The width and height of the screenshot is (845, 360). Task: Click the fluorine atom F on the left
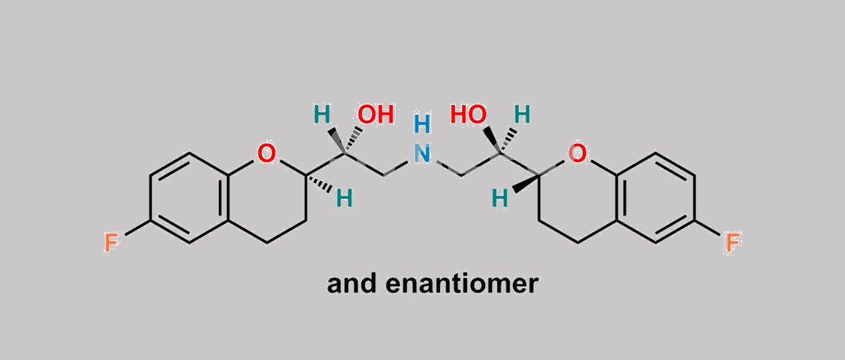(111, 242)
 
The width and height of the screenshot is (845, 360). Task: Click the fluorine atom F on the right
(732, 242)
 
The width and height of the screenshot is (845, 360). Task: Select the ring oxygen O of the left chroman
(266, 153)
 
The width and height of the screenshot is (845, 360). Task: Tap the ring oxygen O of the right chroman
(577, 153)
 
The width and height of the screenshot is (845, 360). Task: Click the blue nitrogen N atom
(422, 153)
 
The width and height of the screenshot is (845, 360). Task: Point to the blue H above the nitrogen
(422, 124)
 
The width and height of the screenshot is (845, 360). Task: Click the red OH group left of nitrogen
(376, 114)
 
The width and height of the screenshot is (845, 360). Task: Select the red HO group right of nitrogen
(468, 114)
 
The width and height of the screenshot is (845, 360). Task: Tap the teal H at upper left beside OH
(323, 114)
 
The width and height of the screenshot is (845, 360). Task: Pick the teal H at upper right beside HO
(522, 114)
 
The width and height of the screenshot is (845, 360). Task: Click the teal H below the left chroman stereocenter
(344, 198)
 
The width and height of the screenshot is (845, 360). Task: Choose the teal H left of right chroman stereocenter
(500, 198)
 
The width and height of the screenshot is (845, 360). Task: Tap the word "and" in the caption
(351, 284)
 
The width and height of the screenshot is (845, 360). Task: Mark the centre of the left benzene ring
(189, 198)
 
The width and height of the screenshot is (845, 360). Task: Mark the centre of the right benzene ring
(656, 198)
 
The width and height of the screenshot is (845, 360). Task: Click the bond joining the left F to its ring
(138, 228)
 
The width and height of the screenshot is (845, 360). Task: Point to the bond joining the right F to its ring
(707, 228)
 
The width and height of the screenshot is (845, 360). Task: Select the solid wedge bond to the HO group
(493, 140)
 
